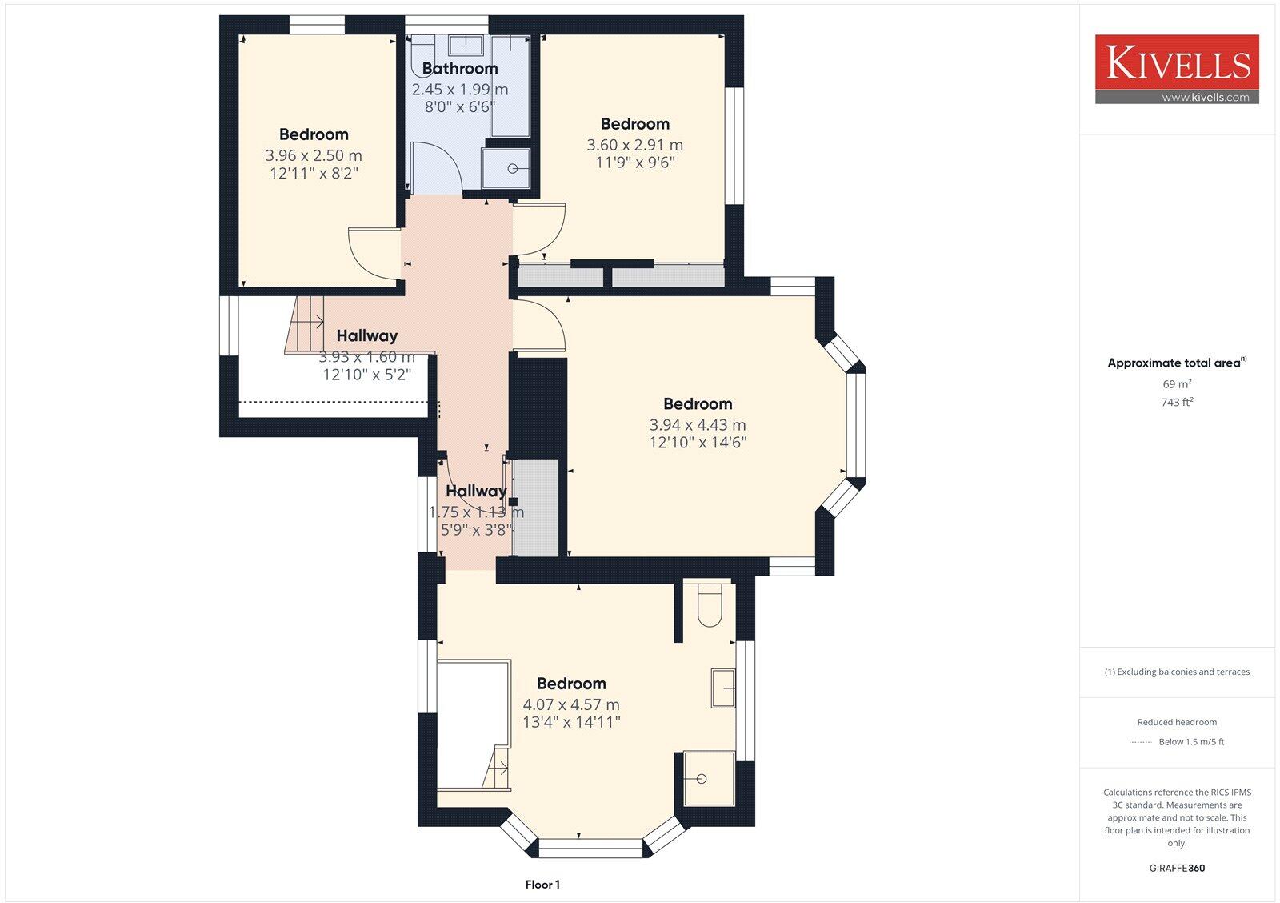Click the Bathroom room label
(x=460, y=69)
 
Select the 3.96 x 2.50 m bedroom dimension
(x=314, y=155)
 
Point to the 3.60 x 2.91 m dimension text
(x=634, y=145)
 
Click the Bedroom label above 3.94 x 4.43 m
(x=698, y=404)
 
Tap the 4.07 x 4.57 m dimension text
(x=571, y=704)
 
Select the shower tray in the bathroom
(x=506, y=168)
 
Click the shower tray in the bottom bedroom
(x=709, y=778)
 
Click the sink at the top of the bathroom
(x=465, y=45)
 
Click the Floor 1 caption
(x=542, y=885)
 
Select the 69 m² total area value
(x=1177, y=384)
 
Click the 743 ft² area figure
(x=1177, y=403)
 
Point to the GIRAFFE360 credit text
(x=1177, y=868)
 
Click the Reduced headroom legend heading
(x=1177, y=722)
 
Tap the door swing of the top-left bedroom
(x=372, y=252)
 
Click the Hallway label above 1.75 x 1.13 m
(x=476, y=492)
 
